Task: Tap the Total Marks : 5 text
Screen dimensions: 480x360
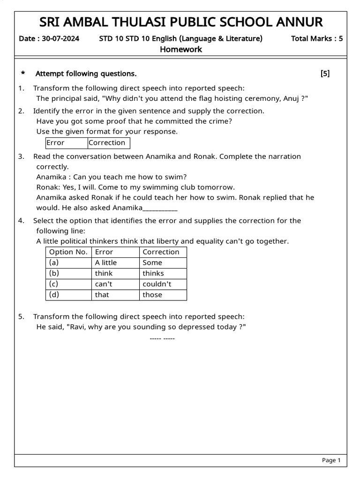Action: [316, 38]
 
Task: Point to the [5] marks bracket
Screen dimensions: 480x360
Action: [325, 74]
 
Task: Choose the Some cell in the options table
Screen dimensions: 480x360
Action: [152, 263]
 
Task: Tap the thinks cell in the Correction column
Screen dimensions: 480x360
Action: [153, 274]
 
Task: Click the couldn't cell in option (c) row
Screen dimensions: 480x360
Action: [157, 284]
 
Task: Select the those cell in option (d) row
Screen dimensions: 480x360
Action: [152, 295]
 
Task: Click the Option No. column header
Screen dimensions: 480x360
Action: [68, 252]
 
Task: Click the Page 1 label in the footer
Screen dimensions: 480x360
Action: [331, 461]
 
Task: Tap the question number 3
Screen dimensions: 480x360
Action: [21, 157]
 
